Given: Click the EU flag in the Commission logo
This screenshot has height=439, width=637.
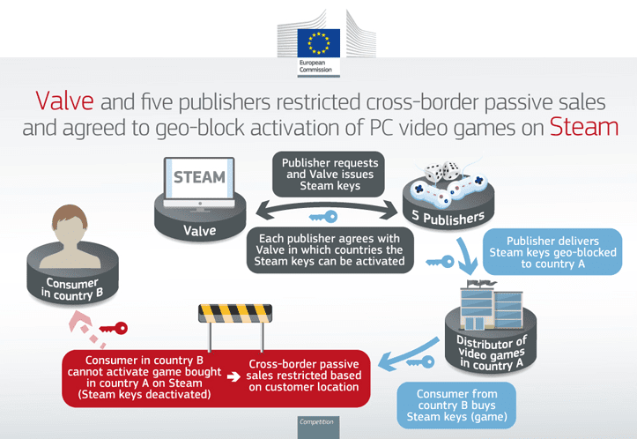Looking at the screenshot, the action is pos(319,43).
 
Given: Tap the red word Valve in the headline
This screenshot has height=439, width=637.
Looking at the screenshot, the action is pos(64,100).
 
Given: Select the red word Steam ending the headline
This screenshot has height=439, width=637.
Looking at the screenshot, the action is pos(584,127).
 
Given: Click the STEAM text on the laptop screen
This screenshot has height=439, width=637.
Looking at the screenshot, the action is pos(199,177).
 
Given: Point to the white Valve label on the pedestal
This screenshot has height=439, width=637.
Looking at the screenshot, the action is pos(199,230).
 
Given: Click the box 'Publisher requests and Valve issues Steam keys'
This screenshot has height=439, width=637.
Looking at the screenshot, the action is pos(329,175).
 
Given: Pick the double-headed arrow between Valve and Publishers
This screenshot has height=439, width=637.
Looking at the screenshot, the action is pos(327,208).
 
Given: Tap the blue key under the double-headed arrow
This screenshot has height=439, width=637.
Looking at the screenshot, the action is pos(323,217).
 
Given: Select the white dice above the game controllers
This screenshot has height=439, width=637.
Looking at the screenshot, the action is pos(441,171).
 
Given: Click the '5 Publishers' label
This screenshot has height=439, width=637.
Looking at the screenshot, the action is pos(448,218).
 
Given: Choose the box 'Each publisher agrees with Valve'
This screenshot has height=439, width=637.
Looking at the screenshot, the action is pos(330,250).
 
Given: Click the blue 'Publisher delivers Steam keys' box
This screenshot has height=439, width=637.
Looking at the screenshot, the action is pos(552,252).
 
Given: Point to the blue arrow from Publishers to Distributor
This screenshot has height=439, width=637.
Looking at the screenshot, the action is pos(466,256).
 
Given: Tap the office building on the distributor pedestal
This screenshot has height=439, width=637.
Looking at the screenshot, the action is pos(491,304).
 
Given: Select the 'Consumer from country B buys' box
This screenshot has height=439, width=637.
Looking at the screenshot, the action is pos(456,406).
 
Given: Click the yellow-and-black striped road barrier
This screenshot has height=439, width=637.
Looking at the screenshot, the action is pos(235,314).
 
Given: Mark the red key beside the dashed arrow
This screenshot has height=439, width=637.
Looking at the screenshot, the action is pos(114,328).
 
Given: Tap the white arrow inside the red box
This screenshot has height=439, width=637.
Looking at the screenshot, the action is pos(233,376).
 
